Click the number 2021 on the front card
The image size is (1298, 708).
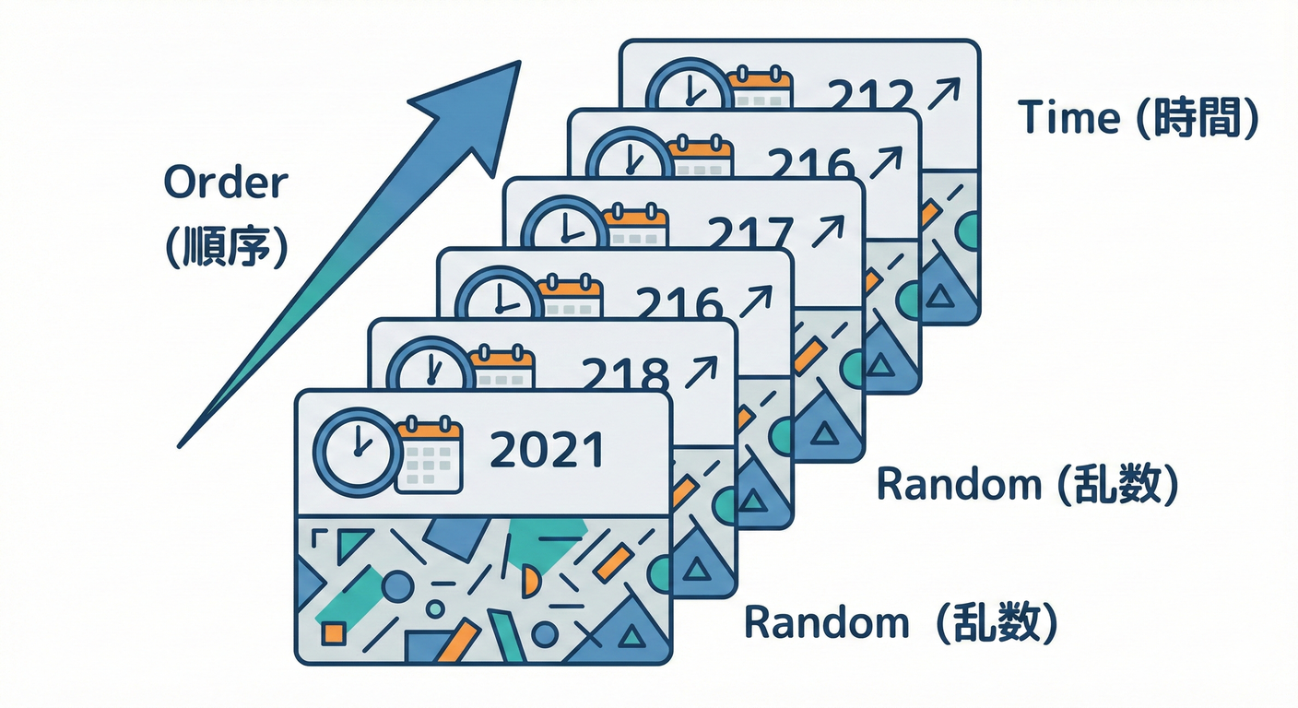coord(547,449)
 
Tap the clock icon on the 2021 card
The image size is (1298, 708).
coord(357,449)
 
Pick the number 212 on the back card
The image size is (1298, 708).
coord(870,95)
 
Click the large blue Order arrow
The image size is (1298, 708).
coord(369,230)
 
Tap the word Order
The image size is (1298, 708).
coord(225,183)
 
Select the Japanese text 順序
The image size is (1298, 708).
coord(227,246)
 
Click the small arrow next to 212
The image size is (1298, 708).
coord(944,93)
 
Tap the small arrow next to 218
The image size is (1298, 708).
coord(702,372)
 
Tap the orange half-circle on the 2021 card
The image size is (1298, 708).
coord(531,582)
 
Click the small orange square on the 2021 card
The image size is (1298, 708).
coord(333,633)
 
